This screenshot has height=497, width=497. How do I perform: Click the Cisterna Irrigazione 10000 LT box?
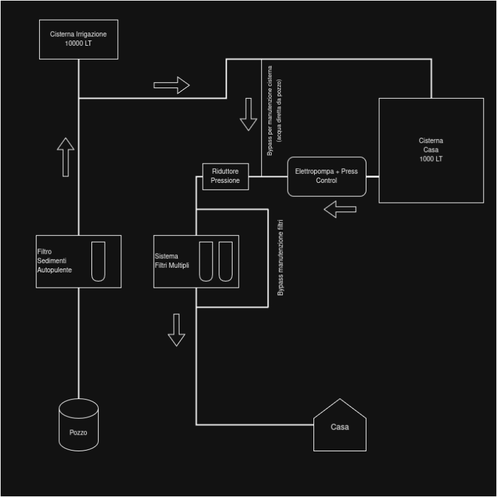(x=78, y=38)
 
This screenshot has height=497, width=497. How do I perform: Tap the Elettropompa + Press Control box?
(x=326, y=176)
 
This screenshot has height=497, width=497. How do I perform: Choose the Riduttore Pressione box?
(x=225, y=176)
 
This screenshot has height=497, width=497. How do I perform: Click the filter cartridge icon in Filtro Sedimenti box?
(x=98, y=261)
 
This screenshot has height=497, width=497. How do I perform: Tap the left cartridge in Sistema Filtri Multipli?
(x=206, y=261)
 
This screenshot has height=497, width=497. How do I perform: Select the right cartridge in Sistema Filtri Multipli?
(x=226, y=261)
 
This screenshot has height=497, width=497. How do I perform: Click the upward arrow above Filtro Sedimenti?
(x=66, y=157)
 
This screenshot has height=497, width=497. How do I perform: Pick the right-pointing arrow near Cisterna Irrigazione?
(x=172, y=85)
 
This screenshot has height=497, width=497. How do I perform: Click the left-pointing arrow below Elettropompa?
(x=340, y=209)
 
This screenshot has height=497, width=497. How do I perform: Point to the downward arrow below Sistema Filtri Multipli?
(x=176, y=329)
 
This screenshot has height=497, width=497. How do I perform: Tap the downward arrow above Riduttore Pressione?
(x=248, y=114)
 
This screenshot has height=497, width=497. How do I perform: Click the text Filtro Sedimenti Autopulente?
(x=55, y=261)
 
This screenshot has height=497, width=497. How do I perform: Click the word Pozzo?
(x=78, y=433)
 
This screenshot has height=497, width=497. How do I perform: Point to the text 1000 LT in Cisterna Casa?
(x=431, y=159)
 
